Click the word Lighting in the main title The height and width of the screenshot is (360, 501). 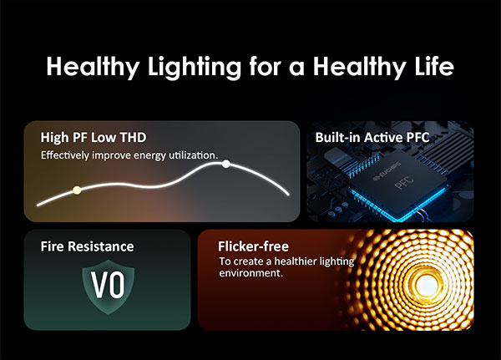tap(195, 67)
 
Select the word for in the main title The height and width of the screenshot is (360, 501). tap(265, 66)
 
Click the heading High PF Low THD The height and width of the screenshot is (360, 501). tap(94, 138)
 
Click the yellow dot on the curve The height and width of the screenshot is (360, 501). tap(77, 190)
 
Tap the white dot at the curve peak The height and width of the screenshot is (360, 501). tap(226, 164)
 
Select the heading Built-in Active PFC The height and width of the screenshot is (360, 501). tap(372, 138)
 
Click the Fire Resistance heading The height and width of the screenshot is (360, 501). tap(87, 246)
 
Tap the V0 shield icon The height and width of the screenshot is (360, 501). tap(109, 286)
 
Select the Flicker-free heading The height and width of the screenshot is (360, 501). tap(253, 246)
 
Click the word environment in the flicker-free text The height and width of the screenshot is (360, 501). tap(250, 273)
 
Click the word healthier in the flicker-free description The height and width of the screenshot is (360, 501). tap(296, 261)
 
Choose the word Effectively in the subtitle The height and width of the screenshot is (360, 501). tap(65, 155)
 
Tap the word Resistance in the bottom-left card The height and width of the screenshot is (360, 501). tap(101, 246)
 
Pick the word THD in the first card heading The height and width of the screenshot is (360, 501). tap(133, 138)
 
